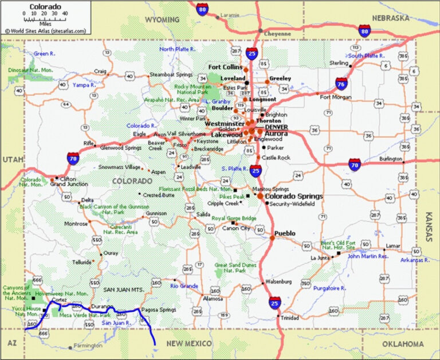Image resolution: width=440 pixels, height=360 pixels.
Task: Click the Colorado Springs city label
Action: [294, 196]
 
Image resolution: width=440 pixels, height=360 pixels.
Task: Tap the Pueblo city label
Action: [285, 233]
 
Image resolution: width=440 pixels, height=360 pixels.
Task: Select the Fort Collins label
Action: [225, 66]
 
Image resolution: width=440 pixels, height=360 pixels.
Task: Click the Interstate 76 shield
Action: [341, 83]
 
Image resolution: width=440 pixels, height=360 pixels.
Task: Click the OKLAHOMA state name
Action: [403, 344]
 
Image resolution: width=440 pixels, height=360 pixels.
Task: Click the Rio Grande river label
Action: [184, 285]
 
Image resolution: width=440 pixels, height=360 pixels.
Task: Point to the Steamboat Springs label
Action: [171, 75]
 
